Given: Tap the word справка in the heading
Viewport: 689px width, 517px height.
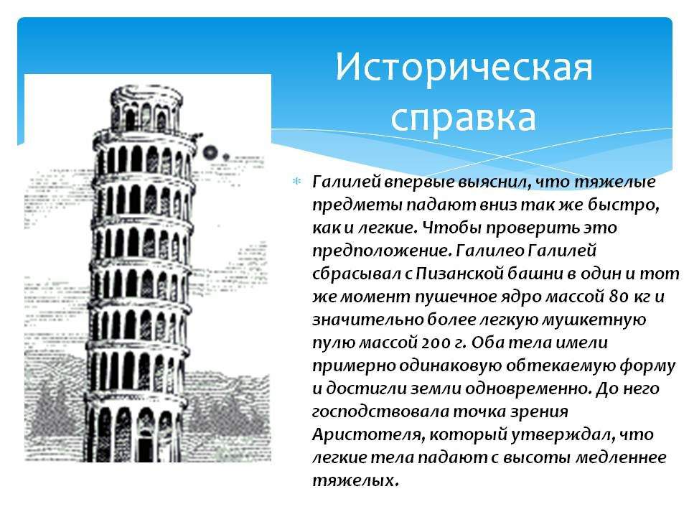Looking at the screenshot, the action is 464,118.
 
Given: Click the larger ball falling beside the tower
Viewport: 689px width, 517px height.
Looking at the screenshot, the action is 210,152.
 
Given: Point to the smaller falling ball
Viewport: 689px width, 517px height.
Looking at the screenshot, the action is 226,156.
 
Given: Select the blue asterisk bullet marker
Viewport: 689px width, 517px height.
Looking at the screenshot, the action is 297,181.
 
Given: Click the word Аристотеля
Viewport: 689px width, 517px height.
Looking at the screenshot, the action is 367,435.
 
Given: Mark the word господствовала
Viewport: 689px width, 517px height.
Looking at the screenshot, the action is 380,412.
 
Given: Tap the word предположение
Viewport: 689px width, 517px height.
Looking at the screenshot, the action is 382,251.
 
